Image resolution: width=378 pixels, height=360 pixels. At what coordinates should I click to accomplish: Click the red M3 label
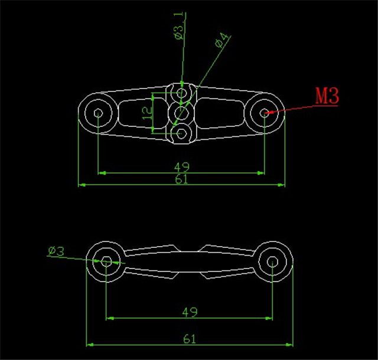(x=327, y=96)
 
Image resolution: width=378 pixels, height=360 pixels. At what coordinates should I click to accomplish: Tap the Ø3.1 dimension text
(x=178, y=26)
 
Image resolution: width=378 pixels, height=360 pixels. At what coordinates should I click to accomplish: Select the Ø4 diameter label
(x=222, y=41)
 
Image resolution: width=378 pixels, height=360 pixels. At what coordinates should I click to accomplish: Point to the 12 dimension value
(x=147, y=113)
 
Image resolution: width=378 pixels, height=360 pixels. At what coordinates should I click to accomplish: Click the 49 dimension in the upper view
(x=182, y=167)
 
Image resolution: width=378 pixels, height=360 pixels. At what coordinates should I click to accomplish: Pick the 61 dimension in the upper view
(x=181, y=179)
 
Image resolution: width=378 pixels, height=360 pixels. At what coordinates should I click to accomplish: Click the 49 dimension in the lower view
(x=190, y=312)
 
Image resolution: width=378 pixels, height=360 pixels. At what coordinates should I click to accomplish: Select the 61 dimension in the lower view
(x=190, y=339)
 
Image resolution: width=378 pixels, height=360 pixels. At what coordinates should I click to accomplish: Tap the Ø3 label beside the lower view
(x=57, y=251)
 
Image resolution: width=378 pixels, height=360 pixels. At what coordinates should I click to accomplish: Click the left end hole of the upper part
(x=98, y=113)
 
